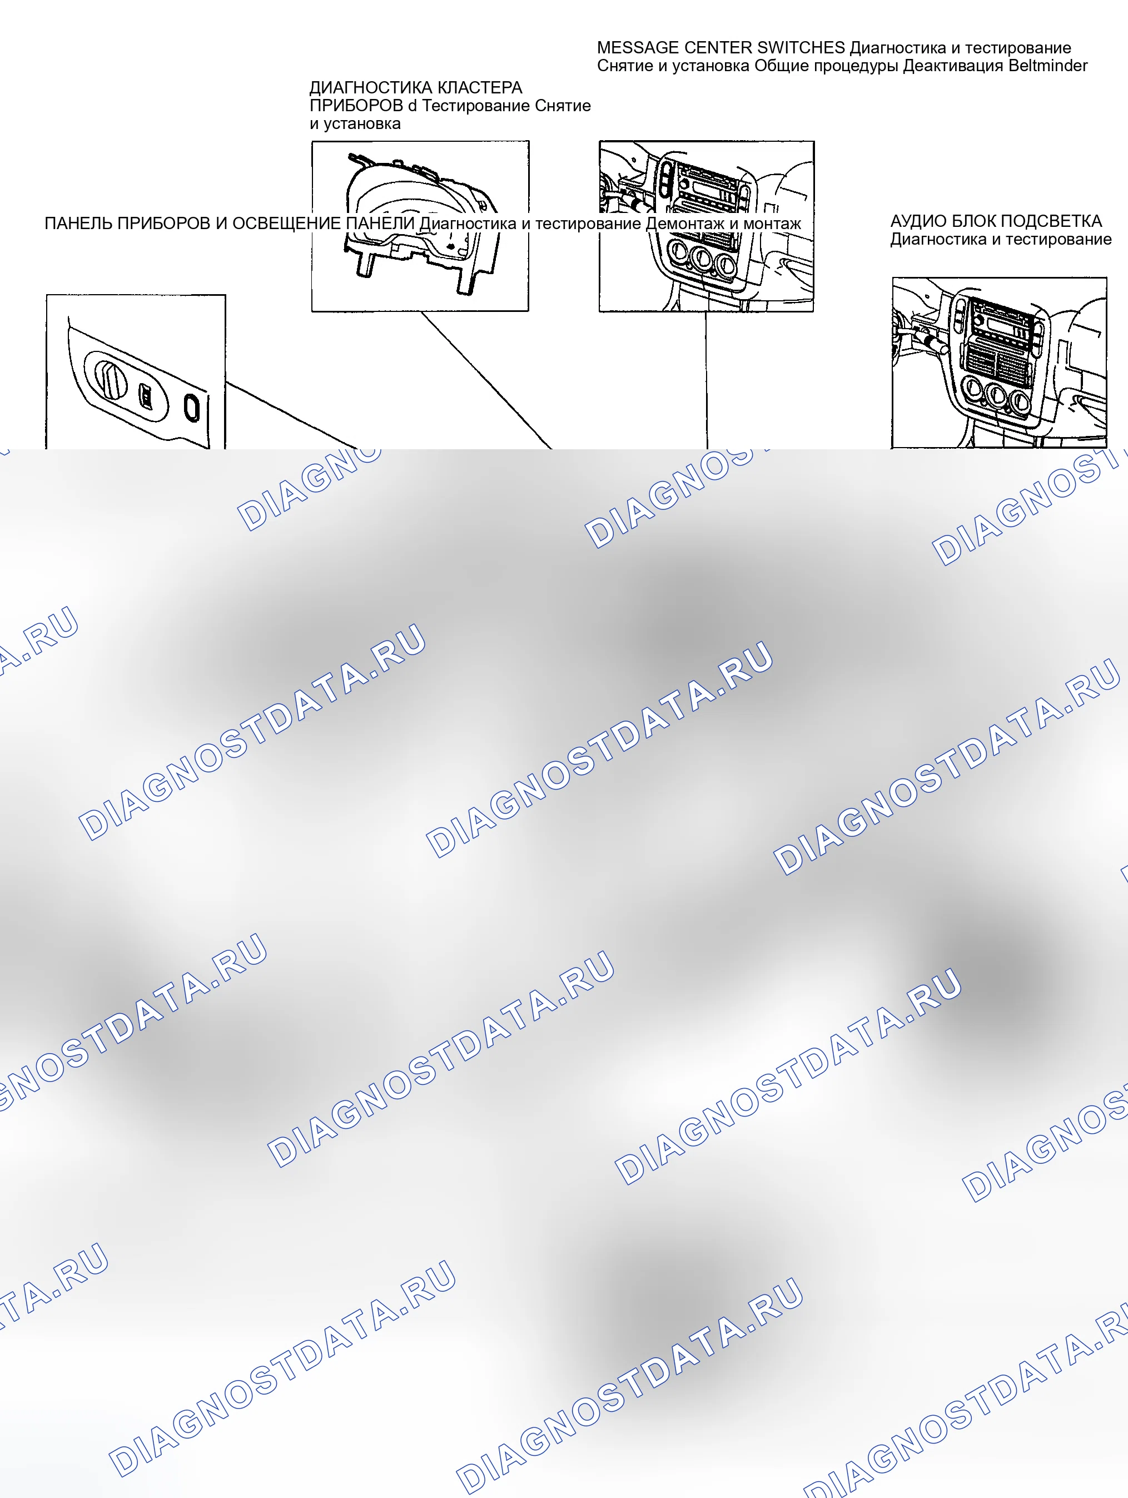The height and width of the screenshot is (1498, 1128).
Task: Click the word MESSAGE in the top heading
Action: [x=637, y=48]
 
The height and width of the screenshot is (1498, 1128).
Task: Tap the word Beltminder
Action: [x=1047, y=66]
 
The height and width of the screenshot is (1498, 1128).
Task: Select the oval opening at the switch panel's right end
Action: [x=192, y=408]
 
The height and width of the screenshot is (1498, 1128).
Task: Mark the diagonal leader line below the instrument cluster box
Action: [x=486, y=380]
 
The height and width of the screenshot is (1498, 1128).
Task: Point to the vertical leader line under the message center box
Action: [x=706, y=380]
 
